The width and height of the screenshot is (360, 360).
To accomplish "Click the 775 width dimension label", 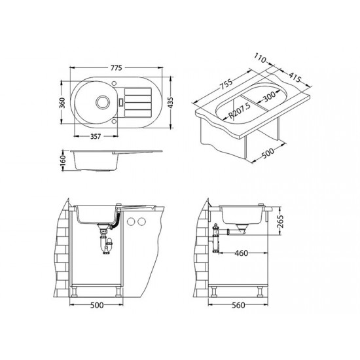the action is pos(116,68).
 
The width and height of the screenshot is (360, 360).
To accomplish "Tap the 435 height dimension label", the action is pos(170,103).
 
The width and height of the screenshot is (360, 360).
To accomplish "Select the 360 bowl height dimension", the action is pos(62,103).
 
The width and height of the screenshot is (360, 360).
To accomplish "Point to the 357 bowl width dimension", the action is pos(96,136).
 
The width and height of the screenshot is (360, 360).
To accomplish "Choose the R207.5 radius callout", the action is pos(240,111).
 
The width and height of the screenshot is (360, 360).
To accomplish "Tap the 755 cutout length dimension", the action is pos(226,84).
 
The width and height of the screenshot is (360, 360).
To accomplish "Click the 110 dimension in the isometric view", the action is pos(260,58).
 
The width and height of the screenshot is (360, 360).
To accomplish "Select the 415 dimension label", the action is pos(295,77).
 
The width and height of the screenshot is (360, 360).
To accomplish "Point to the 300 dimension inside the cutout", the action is pos(269,96).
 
